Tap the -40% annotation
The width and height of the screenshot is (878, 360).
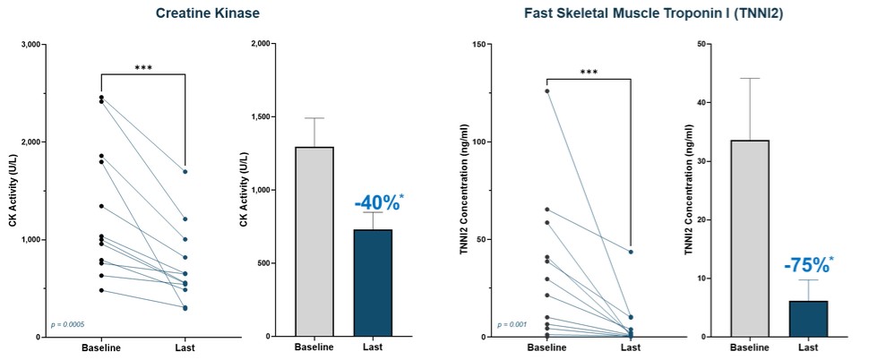[377, 202]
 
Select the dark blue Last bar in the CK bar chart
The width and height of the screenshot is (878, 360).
[373, 283]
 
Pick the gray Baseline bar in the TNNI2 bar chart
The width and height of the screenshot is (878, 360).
[750, 238]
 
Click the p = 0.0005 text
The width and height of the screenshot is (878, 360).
[68, 324]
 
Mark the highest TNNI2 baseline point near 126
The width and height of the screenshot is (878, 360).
[547, 90]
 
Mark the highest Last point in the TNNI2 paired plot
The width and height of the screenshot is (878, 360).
[631, 252]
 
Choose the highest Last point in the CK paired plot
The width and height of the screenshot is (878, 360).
[185, 171]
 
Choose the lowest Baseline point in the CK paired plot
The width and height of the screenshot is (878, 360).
[101, 290]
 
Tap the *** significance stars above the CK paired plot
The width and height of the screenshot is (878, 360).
[142, 67]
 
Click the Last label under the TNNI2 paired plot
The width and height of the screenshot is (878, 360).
[631, 347]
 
